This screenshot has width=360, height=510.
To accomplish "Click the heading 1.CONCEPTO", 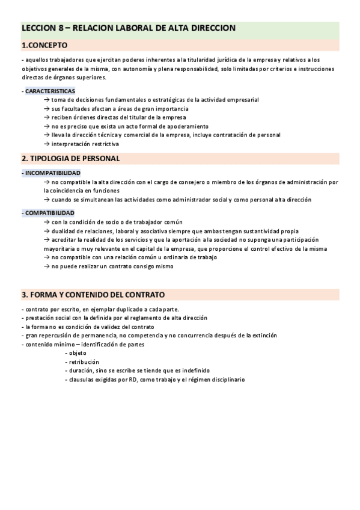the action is click(x=44, y=45).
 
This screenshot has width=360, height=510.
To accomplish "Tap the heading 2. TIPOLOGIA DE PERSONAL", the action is click(x=71, y=159).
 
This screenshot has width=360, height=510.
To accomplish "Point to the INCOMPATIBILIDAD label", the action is click(x=52, y=173).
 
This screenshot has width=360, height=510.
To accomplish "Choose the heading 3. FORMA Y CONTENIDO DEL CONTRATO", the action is click(x=93, y=295).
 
